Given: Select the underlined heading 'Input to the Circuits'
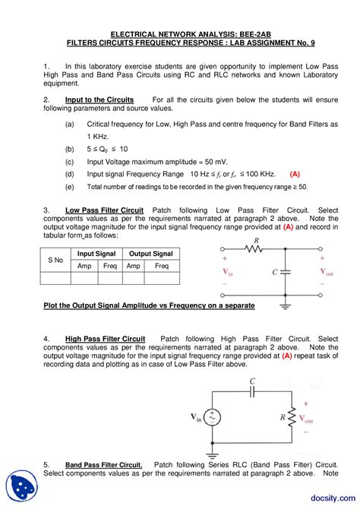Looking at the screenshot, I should pyautogui.click(x=99, y=100).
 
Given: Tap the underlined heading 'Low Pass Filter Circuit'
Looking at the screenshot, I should pyautogui.click(x=104, y=209).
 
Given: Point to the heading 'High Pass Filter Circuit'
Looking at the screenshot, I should pyautogui.click(x=105, y=338).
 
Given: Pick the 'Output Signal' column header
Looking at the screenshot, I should pyautogui.click(x=150, y=254).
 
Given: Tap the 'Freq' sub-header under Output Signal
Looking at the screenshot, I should pyautogui.click(x=163, y=266).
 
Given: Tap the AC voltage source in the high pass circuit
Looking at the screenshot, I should pyautogui.click(x=210, y=417).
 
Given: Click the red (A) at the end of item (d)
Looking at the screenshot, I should pyautogui.click(x=295, y=173).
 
